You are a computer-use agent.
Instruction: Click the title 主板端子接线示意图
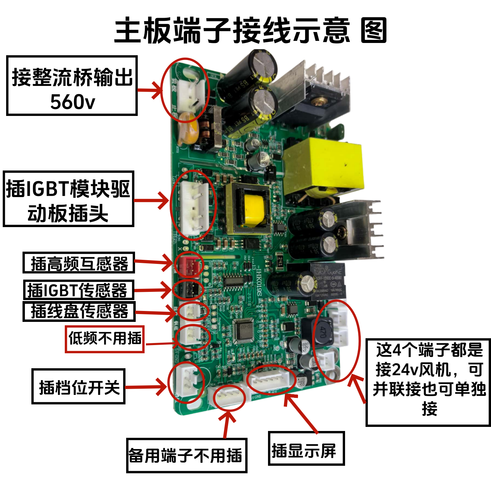tap(251, 31)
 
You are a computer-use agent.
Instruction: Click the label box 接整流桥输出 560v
tap(72, 86)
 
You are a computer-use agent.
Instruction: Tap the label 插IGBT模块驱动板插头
tap(68, 199)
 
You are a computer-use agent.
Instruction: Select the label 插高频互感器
tap(79, 263)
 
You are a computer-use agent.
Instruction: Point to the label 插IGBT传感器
tap(78, 290)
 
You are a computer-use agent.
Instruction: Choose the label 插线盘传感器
tap(79, 311)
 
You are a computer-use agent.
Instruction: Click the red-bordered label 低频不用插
tap(105, 339)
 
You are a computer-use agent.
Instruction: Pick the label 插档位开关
tap(78, 387)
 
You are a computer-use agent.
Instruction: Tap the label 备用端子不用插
tap(187, 456)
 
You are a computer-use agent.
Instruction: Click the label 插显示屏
tap(306, 448)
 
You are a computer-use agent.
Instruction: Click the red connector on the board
tap(188, 265)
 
